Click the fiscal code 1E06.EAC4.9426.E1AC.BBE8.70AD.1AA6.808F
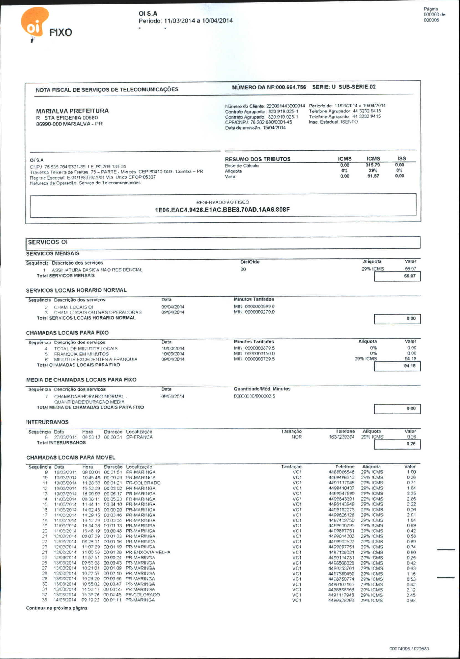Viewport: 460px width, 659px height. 222,210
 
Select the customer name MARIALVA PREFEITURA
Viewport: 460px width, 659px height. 72,111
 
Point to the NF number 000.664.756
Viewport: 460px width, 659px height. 291,87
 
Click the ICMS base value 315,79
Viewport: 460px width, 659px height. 373,165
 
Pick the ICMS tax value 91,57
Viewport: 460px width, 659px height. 373,176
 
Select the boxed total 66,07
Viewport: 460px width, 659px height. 410,276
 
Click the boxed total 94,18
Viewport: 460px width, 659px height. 410,366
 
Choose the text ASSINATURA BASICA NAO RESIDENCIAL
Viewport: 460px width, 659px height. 97,270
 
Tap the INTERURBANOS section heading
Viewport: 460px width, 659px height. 47,422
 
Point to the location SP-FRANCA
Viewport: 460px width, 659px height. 139,437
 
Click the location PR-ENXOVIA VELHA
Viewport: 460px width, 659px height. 148,552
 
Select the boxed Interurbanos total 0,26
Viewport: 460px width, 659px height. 411,444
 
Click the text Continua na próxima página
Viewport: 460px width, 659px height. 57,608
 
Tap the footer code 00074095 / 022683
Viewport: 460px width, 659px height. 409,649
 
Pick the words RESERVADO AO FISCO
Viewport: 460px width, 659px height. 223,202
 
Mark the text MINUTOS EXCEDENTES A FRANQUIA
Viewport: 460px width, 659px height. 96,359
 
